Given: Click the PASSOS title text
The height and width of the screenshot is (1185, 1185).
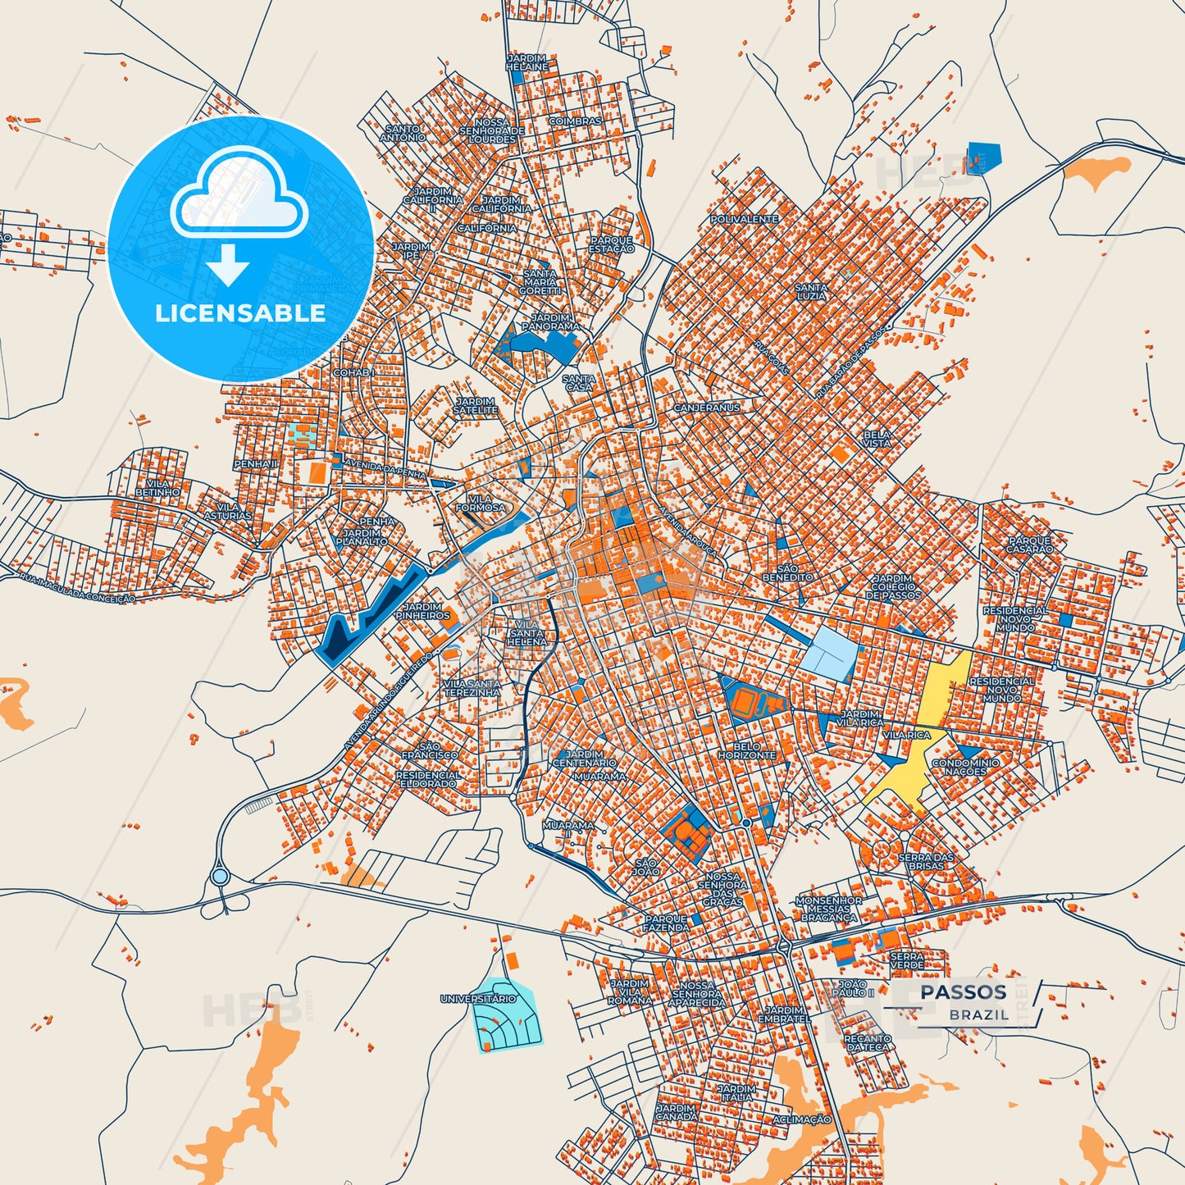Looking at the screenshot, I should click(963, 991).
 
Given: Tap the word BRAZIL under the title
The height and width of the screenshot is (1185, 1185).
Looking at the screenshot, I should click(979, 1014).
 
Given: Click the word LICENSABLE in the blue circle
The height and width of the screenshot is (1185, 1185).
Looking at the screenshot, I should click(240, 312).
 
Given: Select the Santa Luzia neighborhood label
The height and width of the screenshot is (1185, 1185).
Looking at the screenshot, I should click(811, 291).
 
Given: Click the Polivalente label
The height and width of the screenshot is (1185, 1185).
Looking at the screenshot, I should click(744, 220).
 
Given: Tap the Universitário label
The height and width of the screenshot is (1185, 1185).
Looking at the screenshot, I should click(479, 999).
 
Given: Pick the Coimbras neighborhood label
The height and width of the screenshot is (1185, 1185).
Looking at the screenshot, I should click(575, 121).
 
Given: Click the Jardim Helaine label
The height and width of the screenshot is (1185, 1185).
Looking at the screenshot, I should click(526, 62).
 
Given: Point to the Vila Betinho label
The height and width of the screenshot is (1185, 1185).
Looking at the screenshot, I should click(157, 488).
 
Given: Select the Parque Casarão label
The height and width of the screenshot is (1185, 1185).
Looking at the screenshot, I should click(1030, 545).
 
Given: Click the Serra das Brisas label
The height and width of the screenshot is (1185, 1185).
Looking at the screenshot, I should click(927, 861).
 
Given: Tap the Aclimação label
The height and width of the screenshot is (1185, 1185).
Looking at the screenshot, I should click(802, 1119).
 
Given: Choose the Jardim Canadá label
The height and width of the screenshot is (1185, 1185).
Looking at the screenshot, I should click(677, 1112).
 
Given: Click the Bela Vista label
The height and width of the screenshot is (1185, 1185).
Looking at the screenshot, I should click(877, 439).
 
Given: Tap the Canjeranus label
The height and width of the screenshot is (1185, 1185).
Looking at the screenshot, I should click(706, 408).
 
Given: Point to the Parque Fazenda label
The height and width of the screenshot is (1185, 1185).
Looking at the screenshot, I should click(666, 923).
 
